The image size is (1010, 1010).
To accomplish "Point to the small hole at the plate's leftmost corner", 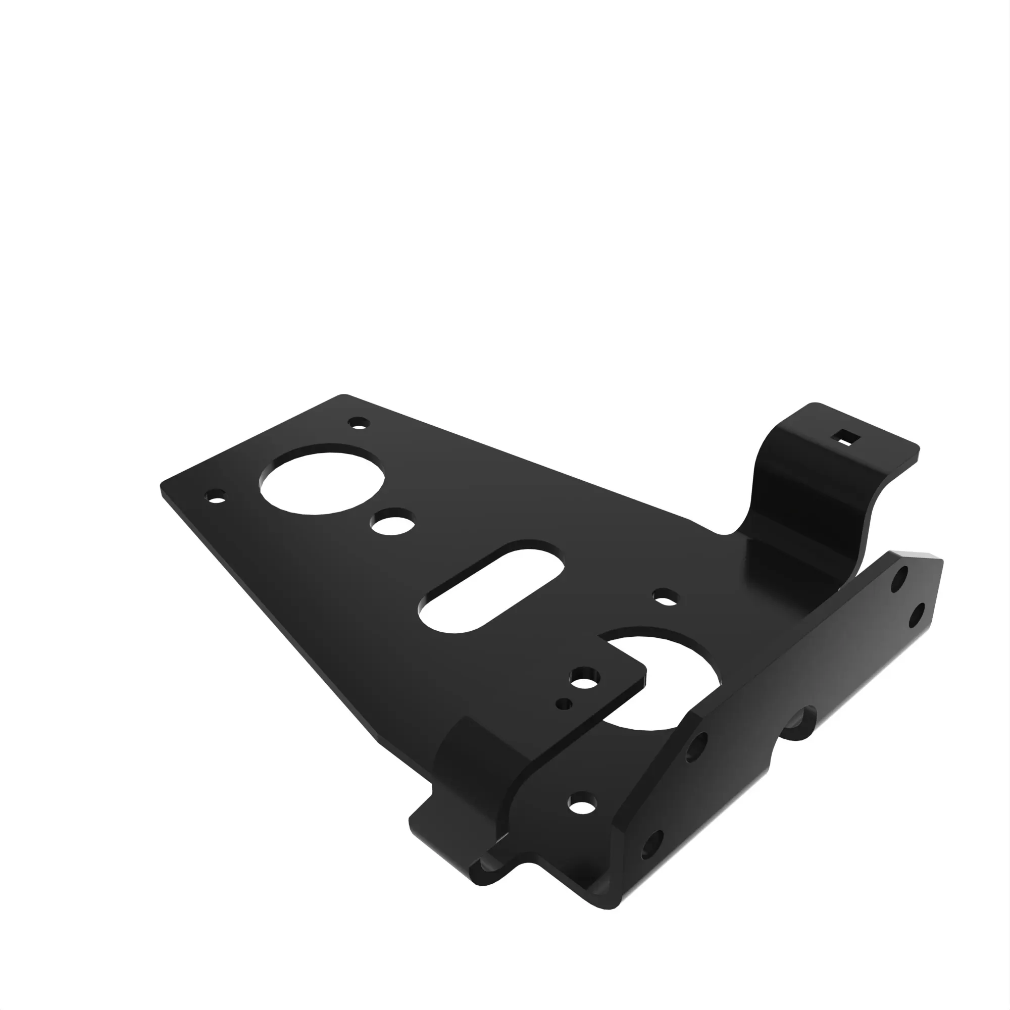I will [216, 496].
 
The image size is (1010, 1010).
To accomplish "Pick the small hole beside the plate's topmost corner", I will [358, 422].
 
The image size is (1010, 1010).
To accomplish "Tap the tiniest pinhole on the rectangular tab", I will [564, 703].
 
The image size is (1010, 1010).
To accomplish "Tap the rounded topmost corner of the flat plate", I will [343, 397].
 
